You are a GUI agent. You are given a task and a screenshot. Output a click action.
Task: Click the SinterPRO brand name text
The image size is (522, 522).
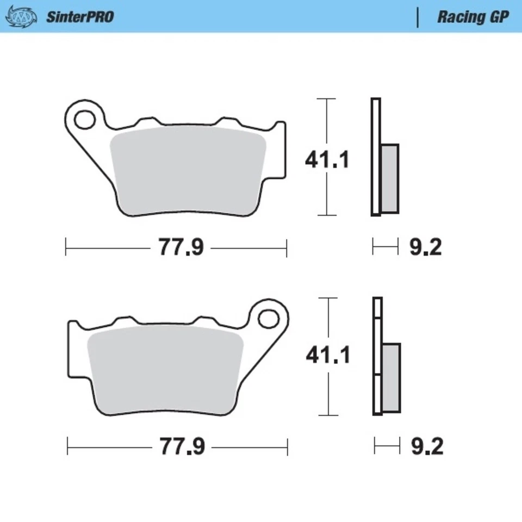click(x=79, y=17)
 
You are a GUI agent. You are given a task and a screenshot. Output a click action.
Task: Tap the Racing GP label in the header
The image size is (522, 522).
click(x=473, y=17)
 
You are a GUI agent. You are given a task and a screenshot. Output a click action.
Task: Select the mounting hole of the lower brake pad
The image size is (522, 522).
click(x=268, y=318)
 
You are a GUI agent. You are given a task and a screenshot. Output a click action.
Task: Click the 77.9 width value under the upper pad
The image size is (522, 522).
click(x=181, y=248)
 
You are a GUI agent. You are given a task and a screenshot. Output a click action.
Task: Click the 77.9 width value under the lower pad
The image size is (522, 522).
click(x=182, y=447)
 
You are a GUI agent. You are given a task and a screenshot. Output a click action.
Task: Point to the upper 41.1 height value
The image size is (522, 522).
click(x=326, y=160)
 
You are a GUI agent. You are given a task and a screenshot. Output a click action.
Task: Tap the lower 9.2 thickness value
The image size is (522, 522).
click(x=426, y=447)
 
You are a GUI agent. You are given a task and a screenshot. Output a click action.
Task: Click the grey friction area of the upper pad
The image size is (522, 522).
click(x=188, y=171)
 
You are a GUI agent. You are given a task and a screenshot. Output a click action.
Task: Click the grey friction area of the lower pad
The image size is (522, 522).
click(x=166, y=370)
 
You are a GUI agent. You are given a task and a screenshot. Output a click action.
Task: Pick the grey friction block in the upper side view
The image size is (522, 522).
click(x=390, y=178)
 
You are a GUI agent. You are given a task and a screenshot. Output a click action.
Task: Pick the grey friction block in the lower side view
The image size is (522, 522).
click(x=391, y=378)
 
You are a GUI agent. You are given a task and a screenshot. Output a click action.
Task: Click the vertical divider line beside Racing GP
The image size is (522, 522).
click(x=418, y=17)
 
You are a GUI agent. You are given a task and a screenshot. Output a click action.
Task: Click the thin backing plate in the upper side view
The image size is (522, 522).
click(x=375, y=158)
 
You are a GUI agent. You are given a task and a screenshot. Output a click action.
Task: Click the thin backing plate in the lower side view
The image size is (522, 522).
click(x=377, y=356)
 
